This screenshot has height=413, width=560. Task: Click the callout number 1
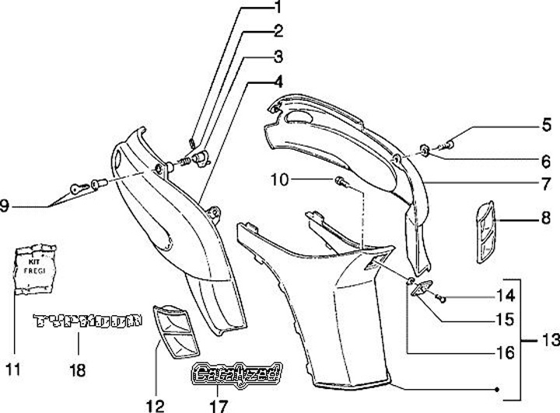(275, 9)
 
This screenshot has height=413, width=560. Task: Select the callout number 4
(277, 82)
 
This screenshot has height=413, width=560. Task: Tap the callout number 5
(548, 123)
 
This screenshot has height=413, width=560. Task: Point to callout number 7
(548, 185)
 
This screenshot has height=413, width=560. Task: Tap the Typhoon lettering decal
(87, 320)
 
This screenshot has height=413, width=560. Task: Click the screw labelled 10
(341, 182)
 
